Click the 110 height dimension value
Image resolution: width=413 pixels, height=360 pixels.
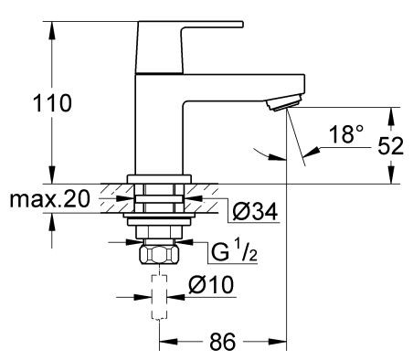[x=54, y=103]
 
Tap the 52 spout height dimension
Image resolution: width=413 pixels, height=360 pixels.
[x=390, y=145]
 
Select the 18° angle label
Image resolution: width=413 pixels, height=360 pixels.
[x=345, y=136]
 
